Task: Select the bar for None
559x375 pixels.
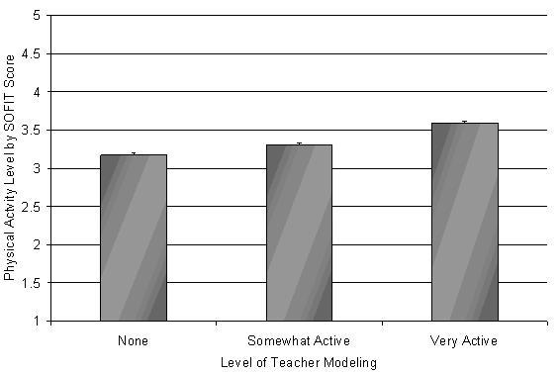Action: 134,237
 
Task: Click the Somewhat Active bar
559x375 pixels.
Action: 299,233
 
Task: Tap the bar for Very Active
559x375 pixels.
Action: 465,222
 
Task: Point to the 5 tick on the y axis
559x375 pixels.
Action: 38,16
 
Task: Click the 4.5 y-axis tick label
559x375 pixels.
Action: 32,53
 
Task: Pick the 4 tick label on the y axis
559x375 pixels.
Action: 38,92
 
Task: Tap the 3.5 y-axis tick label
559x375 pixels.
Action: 32,130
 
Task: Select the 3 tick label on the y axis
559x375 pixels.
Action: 38,168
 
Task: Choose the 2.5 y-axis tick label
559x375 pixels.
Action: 32,207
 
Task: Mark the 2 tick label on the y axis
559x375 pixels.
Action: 38,245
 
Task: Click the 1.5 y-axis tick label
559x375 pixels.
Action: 32,283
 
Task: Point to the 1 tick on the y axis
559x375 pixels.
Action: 38,321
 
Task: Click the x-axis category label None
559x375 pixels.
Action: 133,340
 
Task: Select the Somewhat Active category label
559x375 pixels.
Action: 299,340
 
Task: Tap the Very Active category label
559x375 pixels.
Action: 464,341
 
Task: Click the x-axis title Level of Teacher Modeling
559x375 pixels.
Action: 299,363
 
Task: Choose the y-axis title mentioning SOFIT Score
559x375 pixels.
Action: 9,167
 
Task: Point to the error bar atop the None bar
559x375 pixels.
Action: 134,153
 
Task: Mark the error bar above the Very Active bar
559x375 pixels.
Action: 465,123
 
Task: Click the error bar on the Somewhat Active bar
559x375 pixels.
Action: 299,143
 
